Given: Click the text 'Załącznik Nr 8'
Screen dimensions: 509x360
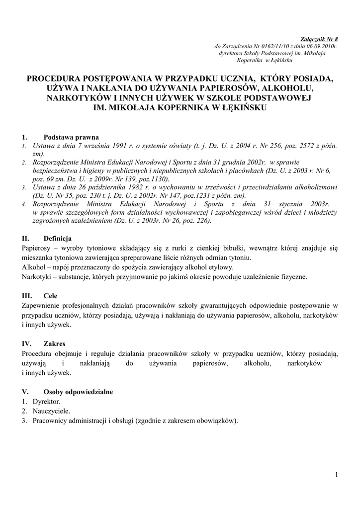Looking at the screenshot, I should click(x=320, y=39).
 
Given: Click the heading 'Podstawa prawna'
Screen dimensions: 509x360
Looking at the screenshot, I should click(x=71, y=137).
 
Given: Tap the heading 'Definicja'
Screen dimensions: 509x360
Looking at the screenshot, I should click(x=58, y=238).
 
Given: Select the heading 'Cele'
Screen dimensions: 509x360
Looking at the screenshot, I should click(x=50, y=295).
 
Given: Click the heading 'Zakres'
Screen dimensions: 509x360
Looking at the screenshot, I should click(x=54, y=343).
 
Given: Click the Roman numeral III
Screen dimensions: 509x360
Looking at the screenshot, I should click(x=27, y=295).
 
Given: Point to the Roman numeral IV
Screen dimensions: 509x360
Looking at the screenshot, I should click(x=27, y=343).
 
